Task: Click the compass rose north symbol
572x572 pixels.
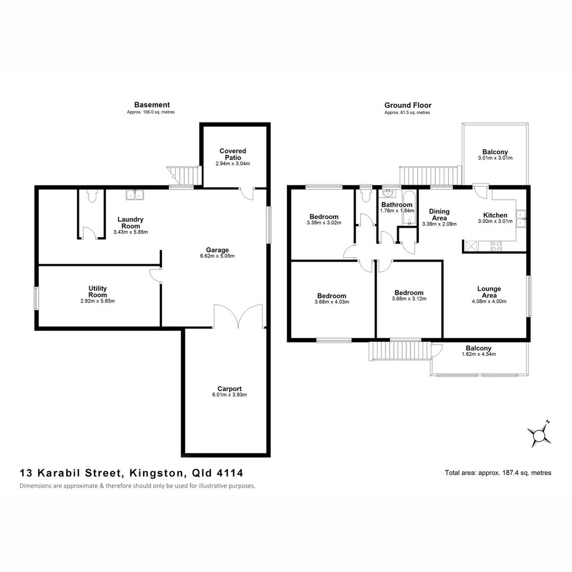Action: click(x=540, y=435)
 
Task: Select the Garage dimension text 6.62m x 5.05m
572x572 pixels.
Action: click(x=218, y=256)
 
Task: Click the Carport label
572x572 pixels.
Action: click(x=229, y=389)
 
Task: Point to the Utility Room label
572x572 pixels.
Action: click(x=97, y=291)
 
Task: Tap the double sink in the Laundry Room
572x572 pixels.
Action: click(x=135, y=195)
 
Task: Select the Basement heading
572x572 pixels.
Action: click(x=152, y=105)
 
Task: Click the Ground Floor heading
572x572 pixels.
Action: click(x=408, y=105)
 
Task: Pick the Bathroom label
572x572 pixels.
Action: click(x=397, y=205)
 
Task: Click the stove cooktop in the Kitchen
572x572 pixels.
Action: click(x=497, y=246)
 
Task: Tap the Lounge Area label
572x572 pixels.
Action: click(x=489, y=292)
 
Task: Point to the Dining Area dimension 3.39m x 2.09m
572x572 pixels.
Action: click(x=439, y=224)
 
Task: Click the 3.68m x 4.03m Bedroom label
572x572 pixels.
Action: click(x=332, y=296)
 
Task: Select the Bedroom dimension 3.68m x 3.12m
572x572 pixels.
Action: click(x=409, y=299)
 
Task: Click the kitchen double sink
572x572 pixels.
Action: click(x=521, y=218)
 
